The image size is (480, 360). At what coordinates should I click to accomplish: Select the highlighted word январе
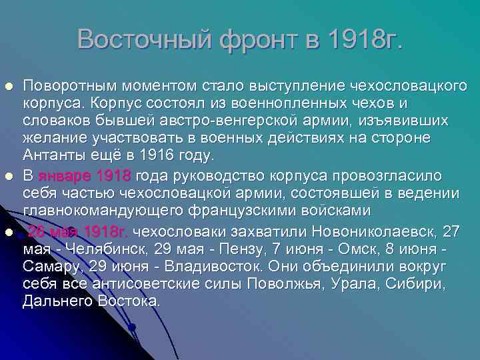click(x=66, y=176)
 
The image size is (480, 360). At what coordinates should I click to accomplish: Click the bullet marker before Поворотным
click(x=9, y=87)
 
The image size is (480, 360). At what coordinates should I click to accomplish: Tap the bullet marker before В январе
click(x=9, y=176)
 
